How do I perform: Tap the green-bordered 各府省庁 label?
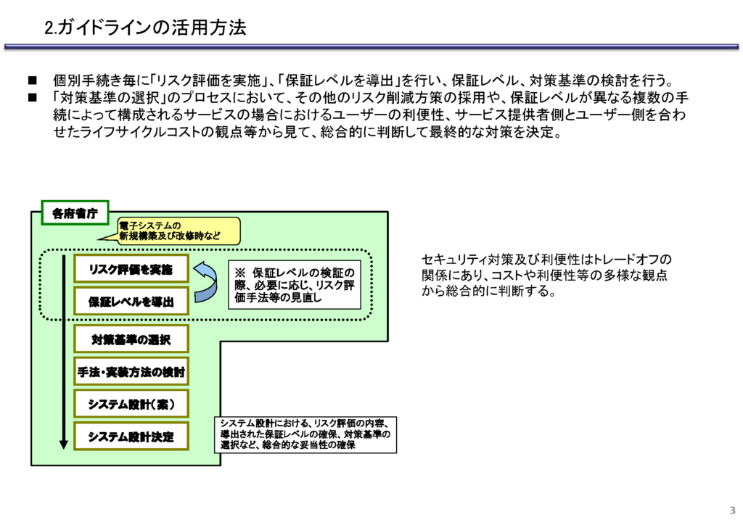point(75,213)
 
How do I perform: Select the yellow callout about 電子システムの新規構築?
point(176,231)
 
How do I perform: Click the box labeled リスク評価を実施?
point(131,269)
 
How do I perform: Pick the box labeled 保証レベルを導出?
point(131,301)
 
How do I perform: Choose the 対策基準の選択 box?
point(131,339)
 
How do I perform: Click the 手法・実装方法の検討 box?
point(131,371)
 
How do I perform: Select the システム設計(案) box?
point(131,404)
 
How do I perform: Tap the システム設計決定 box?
point(131,436)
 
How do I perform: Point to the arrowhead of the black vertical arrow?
point(64,445)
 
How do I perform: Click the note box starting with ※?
point(295,285)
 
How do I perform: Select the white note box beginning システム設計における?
point(305,434)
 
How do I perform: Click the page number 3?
point(733,510)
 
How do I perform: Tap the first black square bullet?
point(32,80)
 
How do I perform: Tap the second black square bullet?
point(32,97)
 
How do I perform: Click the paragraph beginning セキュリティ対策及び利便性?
point(546,275)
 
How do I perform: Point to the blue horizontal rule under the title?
point(371,47)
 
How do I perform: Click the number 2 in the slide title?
point(49,28)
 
